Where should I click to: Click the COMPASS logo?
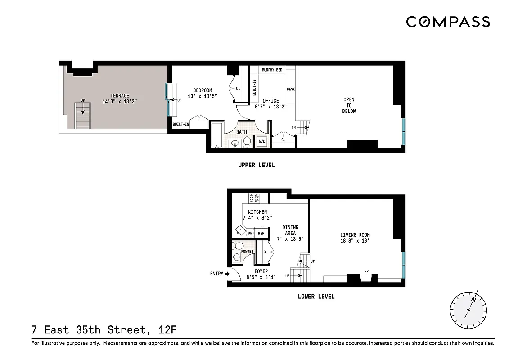pyautogui.click(x=448, y=22)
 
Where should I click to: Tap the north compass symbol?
pyautogui.click(x=468, y=310)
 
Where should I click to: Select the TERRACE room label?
pyautogui.click(x=120, y=95)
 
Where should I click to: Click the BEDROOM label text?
pyautogui.click(x=203, y=90)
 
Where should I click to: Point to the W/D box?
pyautogui.click(x=261, y=142)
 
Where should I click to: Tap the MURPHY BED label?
pyautogui.click(x=272, y=70)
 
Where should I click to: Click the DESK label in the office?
pyautogui.click(x=291, y=90)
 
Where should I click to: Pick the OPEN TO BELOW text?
pyautogui.click(x=349, y=105)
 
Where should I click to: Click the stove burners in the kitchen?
pyautogui.click(x=254, y=198)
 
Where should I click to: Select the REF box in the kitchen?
pyautogui.click(x=261, y=233)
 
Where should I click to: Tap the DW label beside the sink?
pyautogui.click(x=250, y=233)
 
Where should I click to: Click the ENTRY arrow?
pyautogui.click(x=227, y=273)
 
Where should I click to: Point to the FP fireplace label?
pyautogui.click(x=366, y=271)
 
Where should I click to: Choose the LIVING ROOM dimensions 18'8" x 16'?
pyautogui.click(x=355, y=241)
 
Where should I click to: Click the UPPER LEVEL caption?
pyautogui.click(x=257, y=165)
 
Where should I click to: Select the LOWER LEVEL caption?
pyautogui.click(x=316, y=297)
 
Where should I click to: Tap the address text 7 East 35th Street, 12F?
pyautogui.click(x=104, y=330)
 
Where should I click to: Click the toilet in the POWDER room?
pyautogui.click(x=239, y=246)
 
